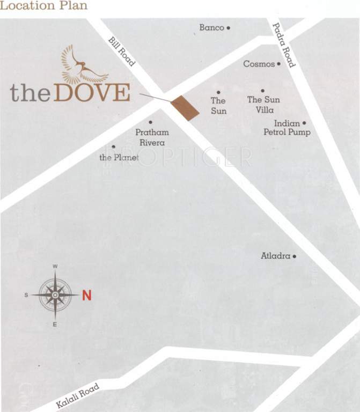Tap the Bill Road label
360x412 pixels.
tap(122, 51)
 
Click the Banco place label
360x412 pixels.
tap(211, 27)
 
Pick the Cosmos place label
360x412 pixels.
tap(259, 64)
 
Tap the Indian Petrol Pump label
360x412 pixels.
tap(287, 128)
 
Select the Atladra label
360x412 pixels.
tap(275, 256)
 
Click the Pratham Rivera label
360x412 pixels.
tap(152, 137)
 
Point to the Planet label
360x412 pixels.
tap(119, 157)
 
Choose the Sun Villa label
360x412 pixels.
tap(263, 104)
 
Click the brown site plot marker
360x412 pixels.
tap(185, 108)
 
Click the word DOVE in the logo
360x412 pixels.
tap(92, 93)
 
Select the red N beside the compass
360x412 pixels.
tap(87, 295)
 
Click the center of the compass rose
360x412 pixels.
tap(55, 295)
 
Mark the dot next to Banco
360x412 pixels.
tap(229, 27)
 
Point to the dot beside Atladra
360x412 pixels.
tap(295, 256)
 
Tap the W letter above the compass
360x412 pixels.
tap(55, 266)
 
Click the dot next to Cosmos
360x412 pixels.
tap(279, 64)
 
